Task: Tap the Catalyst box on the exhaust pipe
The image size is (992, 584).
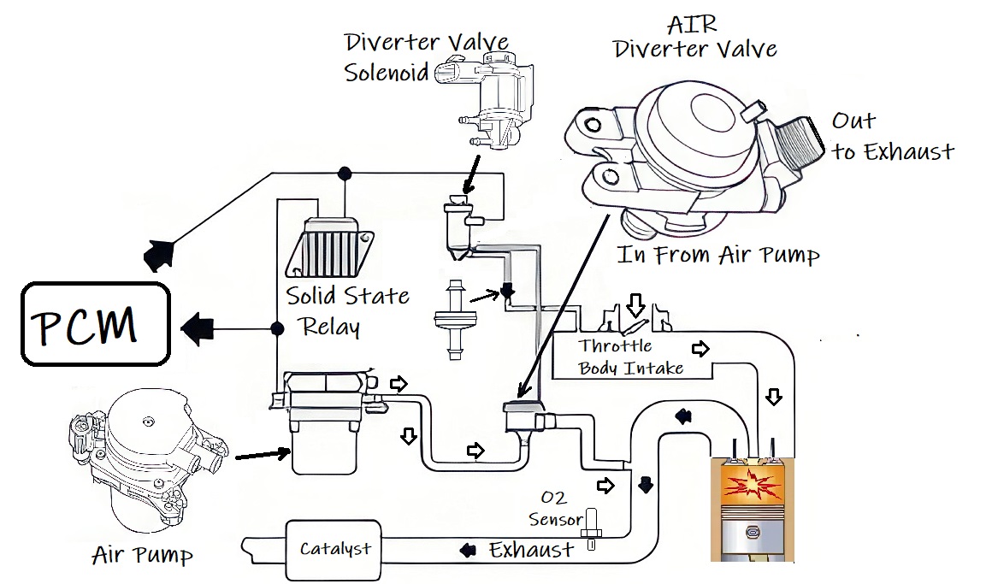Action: pos(334,548)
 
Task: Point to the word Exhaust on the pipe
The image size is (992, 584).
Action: pos(531,550)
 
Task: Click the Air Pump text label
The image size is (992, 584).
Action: pos(142,557)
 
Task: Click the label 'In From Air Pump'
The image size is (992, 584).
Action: pos(718,255)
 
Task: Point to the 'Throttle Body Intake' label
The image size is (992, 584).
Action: pos(629,357)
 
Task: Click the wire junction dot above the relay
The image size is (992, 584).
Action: pos(345,174)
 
